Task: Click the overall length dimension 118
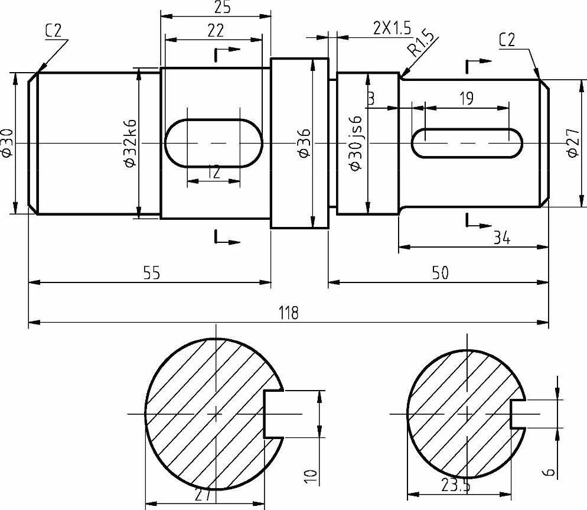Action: tap(289, 313)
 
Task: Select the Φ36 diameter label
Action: tap(304, 142)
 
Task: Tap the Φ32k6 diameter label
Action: tap(130, 143)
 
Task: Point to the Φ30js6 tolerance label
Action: tap(356, 143)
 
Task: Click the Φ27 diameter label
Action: tap(573, 143)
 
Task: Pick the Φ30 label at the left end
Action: tap(6, 143)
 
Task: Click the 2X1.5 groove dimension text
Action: tap(392, 28)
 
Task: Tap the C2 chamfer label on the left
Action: tap(53, 31)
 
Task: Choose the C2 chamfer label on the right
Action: tap(507, 40)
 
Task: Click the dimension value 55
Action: tap(152, 273)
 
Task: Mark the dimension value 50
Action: tap(440, 273)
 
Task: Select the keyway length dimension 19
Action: tap(467, 99)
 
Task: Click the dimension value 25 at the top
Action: tap(222, 8)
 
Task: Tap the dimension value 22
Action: tap(216, 30)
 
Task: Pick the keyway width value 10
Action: tap(311, 477)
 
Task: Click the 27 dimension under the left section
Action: tap(203, 496)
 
